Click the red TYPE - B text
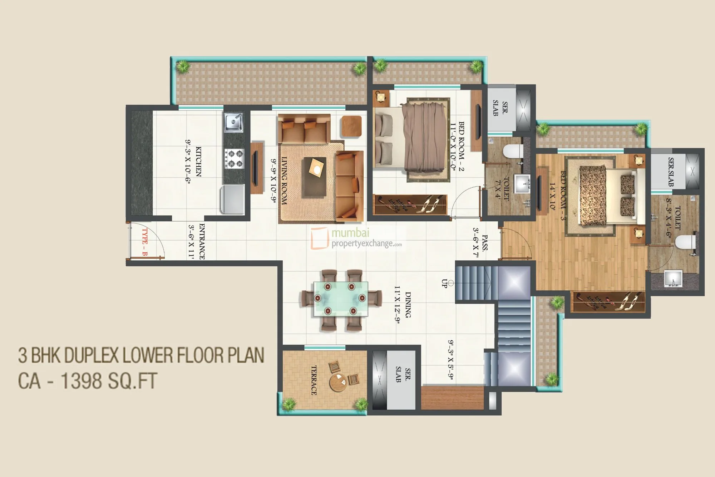coord(144,242)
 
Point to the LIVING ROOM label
coord(284,181)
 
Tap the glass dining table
coord(340,299)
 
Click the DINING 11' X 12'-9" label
coord(403,305)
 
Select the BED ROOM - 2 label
coord(458,147)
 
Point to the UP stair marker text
coord(444,284)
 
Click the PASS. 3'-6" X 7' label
coord(480,243)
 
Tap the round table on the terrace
coord(337,382)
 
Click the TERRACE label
coord(314,380)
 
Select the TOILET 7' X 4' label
coord(502,188)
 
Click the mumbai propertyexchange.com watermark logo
coord(357,238)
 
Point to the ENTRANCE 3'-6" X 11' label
coord(196,242)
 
